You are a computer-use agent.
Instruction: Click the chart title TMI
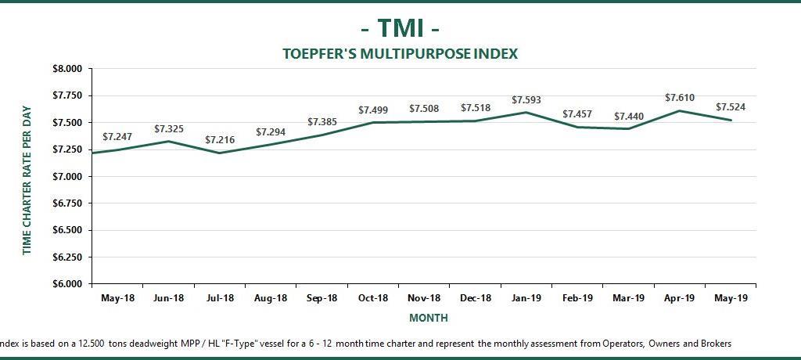(400, 28)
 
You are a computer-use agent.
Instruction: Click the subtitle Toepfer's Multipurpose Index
(400, 54)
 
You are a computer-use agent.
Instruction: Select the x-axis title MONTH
(428, 319)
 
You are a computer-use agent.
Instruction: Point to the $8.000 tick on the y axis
(66, 69)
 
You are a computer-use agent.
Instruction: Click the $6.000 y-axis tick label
(66, 284)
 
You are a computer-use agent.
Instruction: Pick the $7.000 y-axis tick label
(66, 177)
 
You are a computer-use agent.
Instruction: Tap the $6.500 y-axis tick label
(66, 230)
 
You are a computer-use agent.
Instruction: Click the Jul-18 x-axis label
(220, 298)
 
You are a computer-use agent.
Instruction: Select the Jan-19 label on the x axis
(526, 298)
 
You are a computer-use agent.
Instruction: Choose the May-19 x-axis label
(730, 298)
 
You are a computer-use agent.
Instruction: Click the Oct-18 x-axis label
(373, 298)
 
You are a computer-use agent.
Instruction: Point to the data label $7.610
(680, 98)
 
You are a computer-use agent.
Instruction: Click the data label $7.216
(220, 140)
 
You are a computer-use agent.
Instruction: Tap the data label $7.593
(526, 100)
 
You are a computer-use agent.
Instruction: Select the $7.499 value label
(373, 110)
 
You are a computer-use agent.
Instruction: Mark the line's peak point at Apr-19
(680, 110)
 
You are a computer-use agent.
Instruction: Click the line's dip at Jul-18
(220, 153)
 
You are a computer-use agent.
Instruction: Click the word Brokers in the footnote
(714, 344)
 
